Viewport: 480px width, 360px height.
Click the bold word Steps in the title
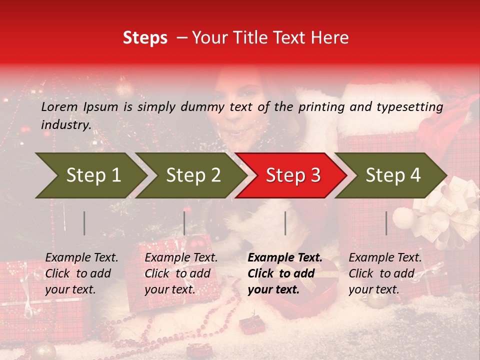click(x=145, y=38)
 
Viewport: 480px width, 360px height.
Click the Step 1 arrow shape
click(x=90, y=175)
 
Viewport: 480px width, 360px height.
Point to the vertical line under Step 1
click(x=84, y=223)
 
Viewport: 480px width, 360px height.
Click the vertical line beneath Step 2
click(x=184, y=223)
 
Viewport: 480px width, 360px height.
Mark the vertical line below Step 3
click(x=285, y=223)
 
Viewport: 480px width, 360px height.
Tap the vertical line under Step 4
click(x=386, y=223)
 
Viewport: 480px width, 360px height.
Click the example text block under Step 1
click(x=81, y=273)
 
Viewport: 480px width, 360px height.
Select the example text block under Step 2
click(x=181, y=273)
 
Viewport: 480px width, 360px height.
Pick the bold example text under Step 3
click(x=284, y=273)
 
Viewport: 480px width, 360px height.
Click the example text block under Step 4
click(x=385, y=273)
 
